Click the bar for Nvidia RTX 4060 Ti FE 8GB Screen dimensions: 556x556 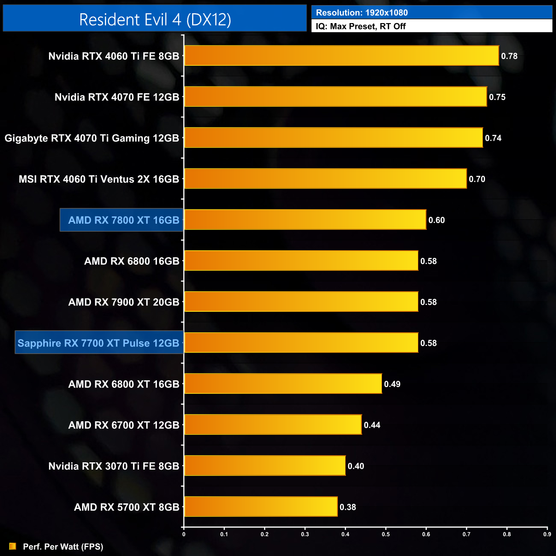[x=341, y=56]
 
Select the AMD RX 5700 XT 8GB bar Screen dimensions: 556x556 [x=260, y=507]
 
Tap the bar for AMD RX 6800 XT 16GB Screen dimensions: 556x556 [x=283, y=384]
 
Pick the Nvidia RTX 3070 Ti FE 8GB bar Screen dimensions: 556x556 [x=265, y=466]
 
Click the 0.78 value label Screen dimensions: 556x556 [x=509, y=56]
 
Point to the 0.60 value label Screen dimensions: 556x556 [x=436, y=220]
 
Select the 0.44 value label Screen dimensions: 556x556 [x=372, y=425]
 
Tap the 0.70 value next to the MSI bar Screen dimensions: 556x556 [x=477, y=179]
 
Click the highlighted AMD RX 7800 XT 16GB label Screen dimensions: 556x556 [x=123, y=220]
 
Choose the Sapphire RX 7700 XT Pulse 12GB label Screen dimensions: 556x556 [x=98, y=343]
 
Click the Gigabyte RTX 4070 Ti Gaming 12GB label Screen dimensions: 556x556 [x=92, y=138]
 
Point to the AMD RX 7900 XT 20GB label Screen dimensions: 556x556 [x=124, y=302]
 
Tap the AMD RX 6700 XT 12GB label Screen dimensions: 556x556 [x=124, y=425]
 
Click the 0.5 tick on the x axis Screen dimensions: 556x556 [x=386, y=534]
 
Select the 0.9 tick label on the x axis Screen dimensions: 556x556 [x=547, y=534]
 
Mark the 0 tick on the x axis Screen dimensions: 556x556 [x=184, y=534]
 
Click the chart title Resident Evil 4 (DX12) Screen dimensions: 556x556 [x=155, y=19]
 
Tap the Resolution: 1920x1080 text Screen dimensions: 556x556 [x=362, y=13]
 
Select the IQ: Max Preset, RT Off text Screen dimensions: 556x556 [x=361, y=26]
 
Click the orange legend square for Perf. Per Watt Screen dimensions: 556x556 [x=13, y=546]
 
